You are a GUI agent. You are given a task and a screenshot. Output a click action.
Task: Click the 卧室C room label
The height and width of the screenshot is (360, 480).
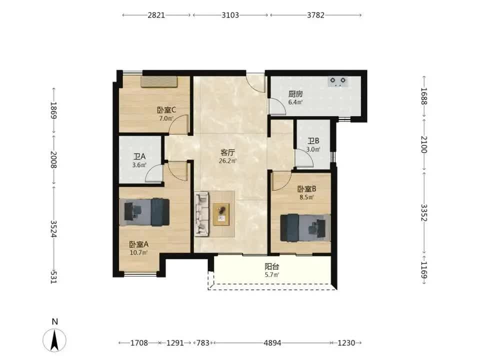pos(166,110)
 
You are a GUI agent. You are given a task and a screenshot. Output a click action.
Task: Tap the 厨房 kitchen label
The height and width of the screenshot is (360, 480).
pos(295,94)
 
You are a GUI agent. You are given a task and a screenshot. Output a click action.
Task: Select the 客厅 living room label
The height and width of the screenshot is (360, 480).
pos(228,152)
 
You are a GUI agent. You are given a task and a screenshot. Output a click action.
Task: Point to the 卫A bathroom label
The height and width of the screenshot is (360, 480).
pos(139,156)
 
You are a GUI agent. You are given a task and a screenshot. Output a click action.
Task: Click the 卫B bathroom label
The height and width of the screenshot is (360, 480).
pos(313,141)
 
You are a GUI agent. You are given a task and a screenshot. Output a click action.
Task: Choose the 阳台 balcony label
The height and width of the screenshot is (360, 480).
pos(272,266)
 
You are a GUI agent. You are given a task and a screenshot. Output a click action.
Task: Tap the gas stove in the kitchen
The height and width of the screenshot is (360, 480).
pos(338,81)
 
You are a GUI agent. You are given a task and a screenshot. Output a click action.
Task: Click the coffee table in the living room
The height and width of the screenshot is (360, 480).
pos(221,214)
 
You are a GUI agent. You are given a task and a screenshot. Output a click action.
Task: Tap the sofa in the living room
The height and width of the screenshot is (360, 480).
pos(201,214)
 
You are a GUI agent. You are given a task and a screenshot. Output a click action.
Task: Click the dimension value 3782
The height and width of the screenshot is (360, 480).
pos(315,15)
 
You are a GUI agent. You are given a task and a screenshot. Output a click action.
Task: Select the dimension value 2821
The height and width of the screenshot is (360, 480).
pos(156,15)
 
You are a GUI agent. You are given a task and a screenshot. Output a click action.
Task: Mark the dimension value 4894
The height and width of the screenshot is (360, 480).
pos(272,343)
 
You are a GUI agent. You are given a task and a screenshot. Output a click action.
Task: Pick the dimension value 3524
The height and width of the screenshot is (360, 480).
pos(53,228)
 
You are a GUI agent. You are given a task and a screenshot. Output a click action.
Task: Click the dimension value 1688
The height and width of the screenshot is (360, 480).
pos(423,96)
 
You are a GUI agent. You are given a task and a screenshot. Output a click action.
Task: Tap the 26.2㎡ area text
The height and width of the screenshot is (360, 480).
pos(228,160)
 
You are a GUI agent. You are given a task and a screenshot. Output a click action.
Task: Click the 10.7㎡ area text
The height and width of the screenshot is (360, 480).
pos(138,252)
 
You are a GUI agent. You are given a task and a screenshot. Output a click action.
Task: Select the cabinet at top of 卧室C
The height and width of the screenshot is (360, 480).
pos(159,81)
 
